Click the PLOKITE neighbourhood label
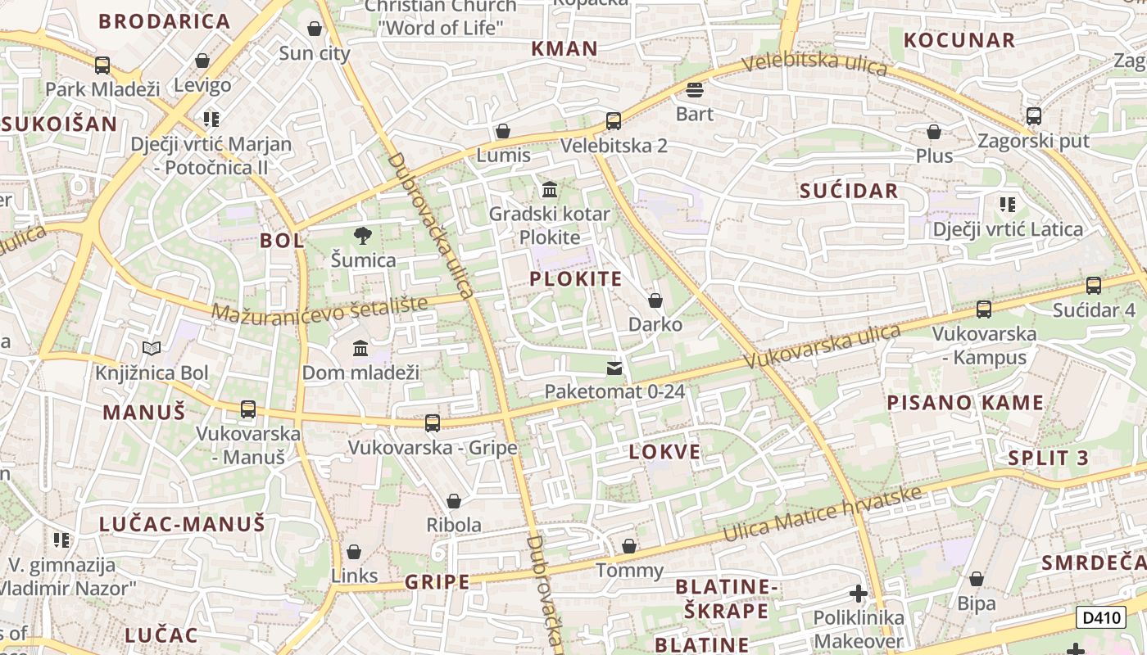(x=576, y=278)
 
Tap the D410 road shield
(x=1100, y=618)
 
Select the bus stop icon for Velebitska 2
(x=614, y=121)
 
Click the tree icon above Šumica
(x=363, y=236)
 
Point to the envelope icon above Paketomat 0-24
(x=614, y=368)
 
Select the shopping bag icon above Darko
(x=655, y=300)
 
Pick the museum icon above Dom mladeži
(x=360, y=349)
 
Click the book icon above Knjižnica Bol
(x=152, y=349)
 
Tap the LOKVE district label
(x=665, y=452)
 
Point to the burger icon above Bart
(x=695, y=89)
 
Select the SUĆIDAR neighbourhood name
(x=849, y=191)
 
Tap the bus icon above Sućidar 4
(x=1094, y=286)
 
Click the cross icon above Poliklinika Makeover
(x=859, y=594)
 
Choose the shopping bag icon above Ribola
(x=454, y=501)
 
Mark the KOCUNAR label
(x=959, y=39)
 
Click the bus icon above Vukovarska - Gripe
(x=433, y=423)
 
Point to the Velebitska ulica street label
(x=815, y=63)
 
